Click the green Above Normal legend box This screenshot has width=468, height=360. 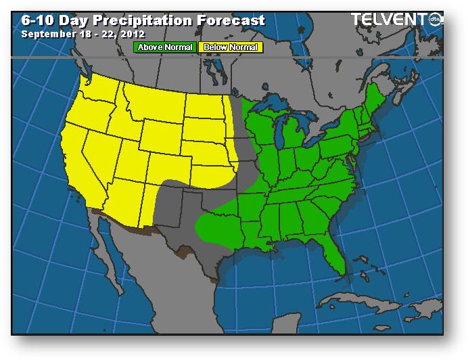pyautogui.click(x=165, y=47)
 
